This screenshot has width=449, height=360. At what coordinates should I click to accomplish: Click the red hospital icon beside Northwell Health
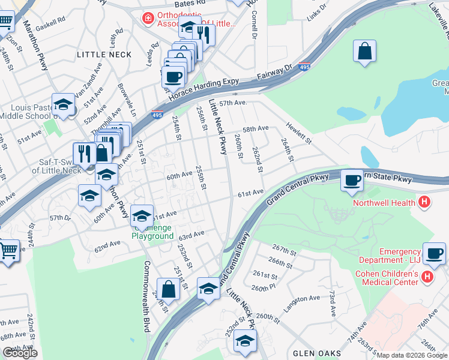click(x=424, y=202)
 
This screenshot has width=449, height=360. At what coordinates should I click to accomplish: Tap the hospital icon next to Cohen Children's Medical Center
click(x=427, y=277)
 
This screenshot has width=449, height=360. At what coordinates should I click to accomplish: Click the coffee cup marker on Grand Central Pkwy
click(x=352, y=181)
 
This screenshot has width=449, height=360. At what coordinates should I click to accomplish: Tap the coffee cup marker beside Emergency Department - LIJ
click(x=433, y=253)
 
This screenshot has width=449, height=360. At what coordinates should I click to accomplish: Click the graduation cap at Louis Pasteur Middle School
click(x=62, y=105)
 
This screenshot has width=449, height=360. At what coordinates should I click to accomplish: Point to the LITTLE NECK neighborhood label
click(x=104, y=54)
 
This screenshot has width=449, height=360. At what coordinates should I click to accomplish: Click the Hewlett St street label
click(x=298, y=132)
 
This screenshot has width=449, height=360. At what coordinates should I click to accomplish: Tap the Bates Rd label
click(x=192, y=3)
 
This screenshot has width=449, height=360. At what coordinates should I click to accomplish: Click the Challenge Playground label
click(x=152, y=232)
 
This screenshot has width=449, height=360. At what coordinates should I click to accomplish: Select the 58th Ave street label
click(x=255, y=129)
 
